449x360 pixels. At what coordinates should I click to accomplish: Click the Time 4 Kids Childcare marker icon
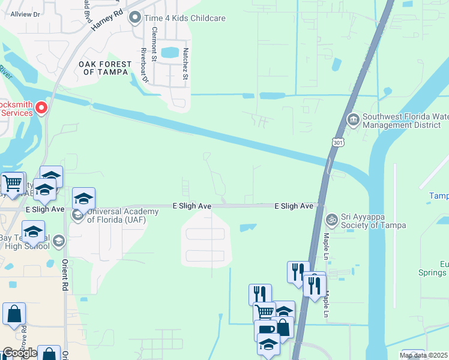tap(135, 18)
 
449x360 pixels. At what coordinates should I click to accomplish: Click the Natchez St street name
tap(185, 64)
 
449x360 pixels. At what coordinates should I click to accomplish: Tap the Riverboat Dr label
tap(144, 65)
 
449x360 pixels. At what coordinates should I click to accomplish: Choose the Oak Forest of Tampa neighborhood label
tap(106, 68)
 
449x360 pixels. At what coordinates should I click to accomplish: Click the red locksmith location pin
tap(41, 108)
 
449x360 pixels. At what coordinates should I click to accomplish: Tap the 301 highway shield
tap(334, 140)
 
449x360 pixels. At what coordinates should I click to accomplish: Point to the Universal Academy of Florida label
tap(114, 215)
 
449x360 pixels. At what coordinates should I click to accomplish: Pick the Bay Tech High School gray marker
tap(58, 241)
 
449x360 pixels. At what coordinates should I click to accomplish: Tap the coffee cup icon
tap(265, 330)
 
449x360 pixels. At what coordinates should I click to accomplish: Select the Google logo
tap(19, 353)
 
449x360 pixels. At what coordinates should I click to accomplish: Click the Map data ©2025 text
tap(423, 355)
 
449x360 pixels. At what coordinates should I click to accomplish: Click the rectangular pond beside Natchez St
tap(170, 52)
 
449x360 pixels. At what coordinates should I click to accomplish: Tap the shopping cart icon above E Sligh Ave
tap(12, 182)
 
